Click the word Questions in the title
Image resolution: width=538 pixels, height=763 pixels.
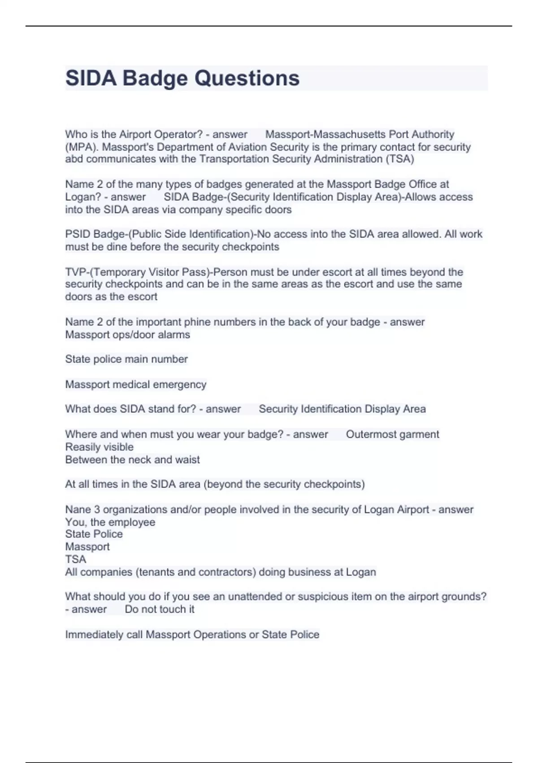pyautogui.click(x=247, y=78)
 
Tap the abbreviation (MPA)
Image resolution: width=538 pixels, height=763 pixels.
pyautogui.click(x=81, y=147)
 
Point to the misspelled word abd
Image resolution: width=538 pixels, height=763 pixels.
pyautogui.click(x=74, y=159)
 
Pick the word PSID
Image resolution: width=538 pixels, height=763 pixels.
pyautogui.click(x=78, y=234)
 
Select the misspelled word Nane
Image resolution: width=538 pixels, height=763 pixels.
pyautogui.click(x=77, y=509)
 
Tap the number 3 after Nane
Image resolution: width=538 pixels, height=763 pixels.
pyautogui.click(x=97, y=509)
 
